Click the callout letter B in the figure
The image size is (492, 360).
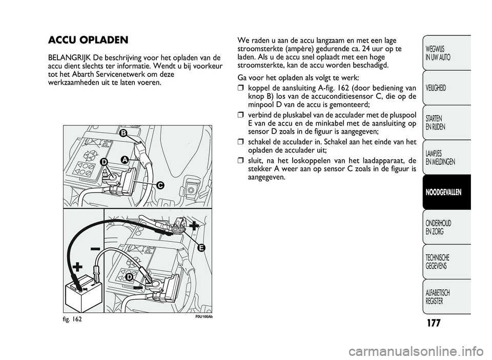click(123, 133)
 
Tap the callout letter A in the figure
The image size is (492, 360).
click(125, 160)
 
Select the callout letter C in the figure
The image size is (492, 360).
click(160, 185)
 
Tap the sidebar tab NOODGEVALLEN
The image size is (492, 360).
click(444, 192)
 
